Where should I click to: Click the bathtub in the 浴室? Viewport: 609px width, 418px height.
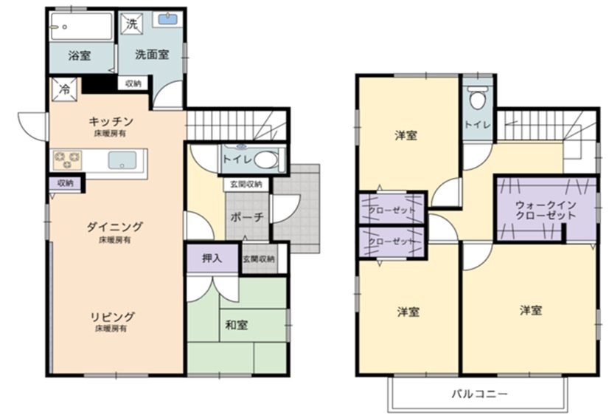tap(81, 26)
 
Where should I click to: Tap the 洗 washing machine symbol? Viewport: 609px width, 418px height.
tap(131, 24)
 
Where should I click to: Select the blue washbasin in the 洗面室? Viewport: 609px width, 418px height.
tap(168, 19)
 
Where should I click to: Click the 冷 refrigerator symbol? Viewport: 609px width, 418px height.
tap(64, 89)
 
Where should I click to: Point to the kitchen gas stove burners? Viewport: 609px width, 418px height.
tap(68, 160)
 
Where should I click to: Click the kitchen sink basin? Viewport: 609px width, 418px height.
tap(122, 160)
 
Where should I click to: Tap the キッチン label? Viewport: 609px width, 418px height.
tap(111, 122)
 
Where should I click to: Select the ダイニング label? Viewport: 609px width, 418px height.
tap(114, 227)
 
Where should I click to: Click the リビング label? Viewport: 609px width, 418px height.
tap(112, 316)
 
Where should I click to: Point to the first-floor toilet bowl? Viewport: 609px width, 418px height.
tap(266, 160)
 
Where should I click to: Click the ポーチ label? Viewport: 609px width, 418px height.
tap(248, 217)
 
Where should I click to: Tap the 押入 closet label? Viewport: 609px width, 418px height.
tap(212, 258)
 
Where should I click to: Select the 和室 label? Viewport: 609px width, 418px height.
tap(237, 325)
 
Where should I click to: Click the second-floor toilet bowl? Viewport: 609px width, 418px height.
tap(478, 97)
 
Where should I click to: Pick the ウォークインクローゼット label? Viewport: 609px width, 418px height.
tap(546, 210)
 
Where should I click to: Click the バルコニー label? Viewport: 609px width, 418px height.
tap(479, 394)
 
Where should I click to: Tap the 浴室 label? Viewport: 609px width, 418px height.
tap(80, 55)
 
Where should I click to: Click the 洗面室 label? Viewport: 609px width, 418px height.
tap(152, 55)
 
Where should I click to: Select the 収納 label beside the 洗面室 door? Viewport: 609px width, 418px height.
tap(133, 83)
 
